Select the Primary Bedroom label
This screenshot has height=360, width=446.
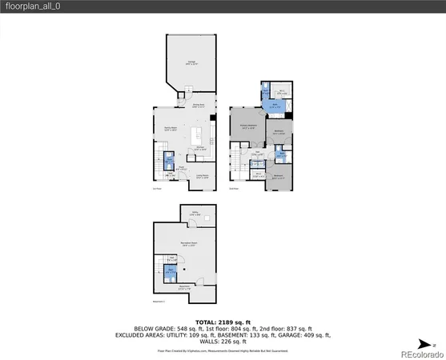[247, 126]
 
